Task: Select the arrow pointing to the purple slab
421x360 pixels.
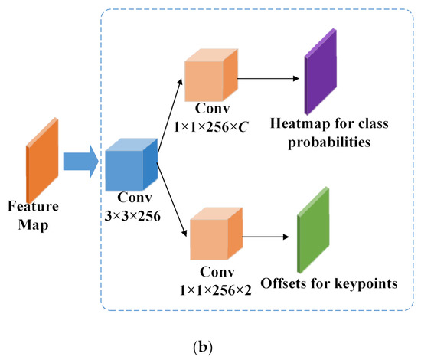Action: [x=267, y=77]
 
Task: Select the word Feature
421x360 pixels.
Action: [x=29, y=206]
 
